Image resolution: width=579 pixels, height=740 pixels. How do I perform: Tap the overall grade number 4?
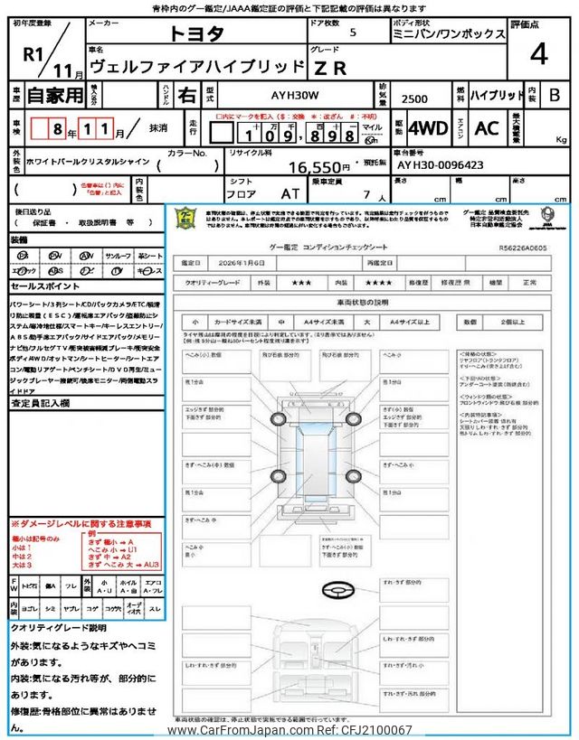pyautogui.click(x=539, y=56)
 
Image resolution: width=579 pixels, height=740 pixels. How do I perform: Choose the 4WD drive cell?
pyautogui.click(x=428, y=128)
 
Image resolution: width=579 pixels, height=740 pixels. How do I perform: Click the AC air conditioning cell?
pyautogui.click(x=487, y=128)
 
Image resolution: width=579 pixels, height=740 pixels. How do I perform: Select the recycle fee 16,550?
pyautogui.click(x=319, y=167)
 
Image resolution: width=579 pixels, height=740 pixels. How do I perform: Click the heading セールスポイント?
pyautogui.click(x=45, y=286)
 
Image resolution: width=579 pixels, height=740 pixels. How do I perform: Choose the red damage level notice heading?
pyautogui.click(x=81, y=524)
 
